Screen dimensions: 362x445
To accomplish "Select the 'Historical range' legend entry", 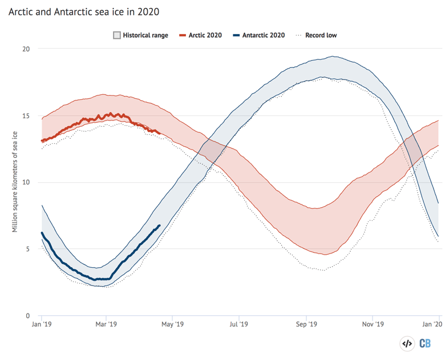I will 140,35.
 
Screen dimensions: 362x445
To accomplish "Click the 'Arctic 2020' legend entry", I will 201,35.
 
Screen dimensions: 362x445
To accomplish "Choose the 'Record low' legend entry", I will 315,35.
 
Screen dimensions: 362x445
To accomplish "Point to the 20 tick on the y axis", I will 26,49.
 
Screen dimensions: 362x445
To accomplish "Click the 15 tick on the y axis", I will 26,116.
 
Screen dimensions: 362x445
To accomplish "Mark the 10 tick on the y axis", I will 26,183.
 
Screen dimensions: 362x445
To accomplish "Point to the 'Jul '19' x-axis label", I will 238,324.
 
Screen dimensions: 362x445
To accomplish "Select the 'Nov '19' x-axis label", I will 372,324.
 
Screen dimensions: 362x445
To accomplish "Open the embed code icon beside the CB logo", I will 407,343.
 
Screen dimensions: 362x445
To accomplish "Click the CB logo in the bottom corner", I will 426,343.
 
